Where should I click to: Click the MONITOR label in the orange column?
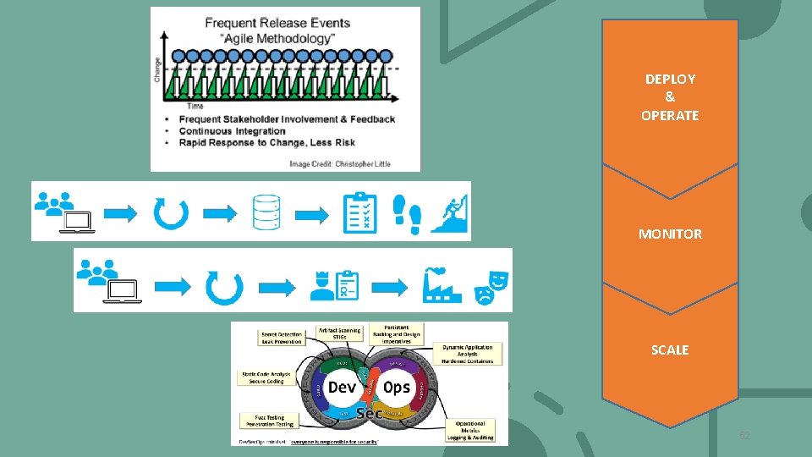pyautogui.click(x=670, y=234)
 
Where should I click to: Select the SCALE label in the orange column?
pyautogui.click(x=670, y=350)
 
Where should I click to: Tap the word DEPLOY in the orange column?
pyautogui.click(x=670, y=79)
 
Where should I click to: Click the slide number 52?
pyautogui.click(x=744, y=436)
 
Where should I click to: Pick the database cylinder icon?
pyautogui.click(x=266, y=212)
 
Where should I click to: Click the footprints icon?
pyautogui.click(x=407, y=212)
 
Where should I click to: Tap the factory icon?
pyautogui.click(x=442, y=283)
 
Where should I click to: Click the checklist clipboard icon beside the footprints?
pyautogui.click(x=359, y=212)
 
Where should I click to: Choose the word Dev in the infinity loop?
pyautogui.click(x=342, y=387)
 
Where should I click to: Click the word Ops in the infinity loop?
pyautogui.click(x=396, y=387)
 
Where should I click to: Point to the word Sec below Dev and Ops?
pyautogui.click(x=370, y=413)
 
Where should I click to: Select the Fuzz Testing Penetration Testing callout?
pyautogui.click(x=270, y=420)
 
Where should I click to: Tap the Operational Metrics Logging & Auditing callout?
pyautogui.click(x=470, y=429)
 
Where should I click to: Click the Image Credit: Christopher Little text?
pyautogui.click(x=340, y=162)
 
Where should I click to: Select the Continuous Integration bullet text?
pyautogui.click(x=232, y=131)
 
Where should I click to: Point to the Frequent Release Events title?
pyautogui.click(x=277, y=23)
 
